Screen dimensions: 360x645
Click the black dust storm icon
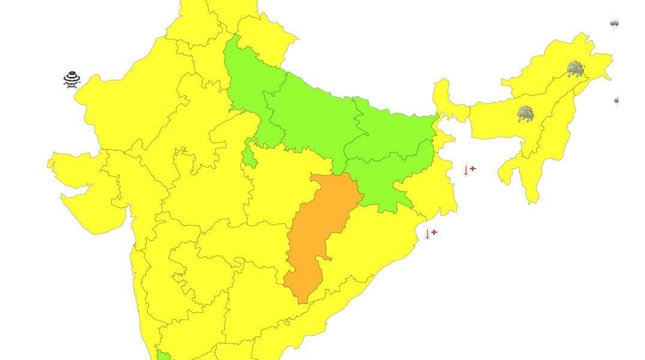pos(72,80)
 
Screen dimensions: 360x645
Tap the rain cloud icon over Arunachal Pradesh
pos(575,68)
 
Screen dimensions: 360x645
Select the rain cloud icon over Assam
pos(526,113)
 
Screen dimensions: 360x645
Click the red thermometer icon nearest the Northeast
pos(469,170)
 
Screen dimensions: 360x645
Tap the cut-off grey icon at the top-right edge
pos(614,24)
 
